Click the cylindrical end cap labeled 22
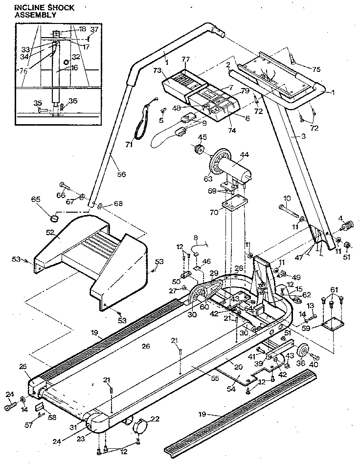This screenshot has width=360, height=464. click(140, 426)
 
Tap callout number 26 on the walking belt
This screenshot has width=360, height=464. click(145, 346)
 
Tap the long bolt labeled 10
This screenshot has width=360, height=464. click(289, 211)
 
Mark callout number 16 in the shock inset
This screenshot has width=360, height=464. click(74, 67)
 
